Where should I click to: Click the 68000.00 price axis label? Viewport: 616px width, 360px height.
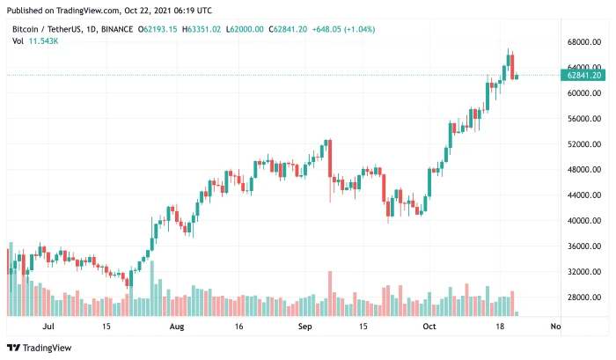click(x=584, y=41)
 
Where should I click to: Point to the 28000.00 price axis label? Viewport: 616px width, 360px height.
click(x=584, y=298)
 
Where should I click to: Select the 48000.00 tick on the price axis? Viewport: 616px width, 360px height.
click(x=584, y=170)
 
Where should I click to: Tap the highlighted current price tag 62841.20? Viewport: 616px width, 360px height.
click(x=584, y=76)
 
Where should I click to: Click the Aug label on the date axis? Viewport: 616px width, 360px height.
click(x=177, y=326)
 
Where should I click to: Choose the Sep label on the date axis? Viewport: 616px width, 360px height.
click(x=305, y=326)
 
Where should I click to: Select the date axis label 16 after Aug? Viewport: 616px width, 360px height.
click(x=239, y=326)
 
